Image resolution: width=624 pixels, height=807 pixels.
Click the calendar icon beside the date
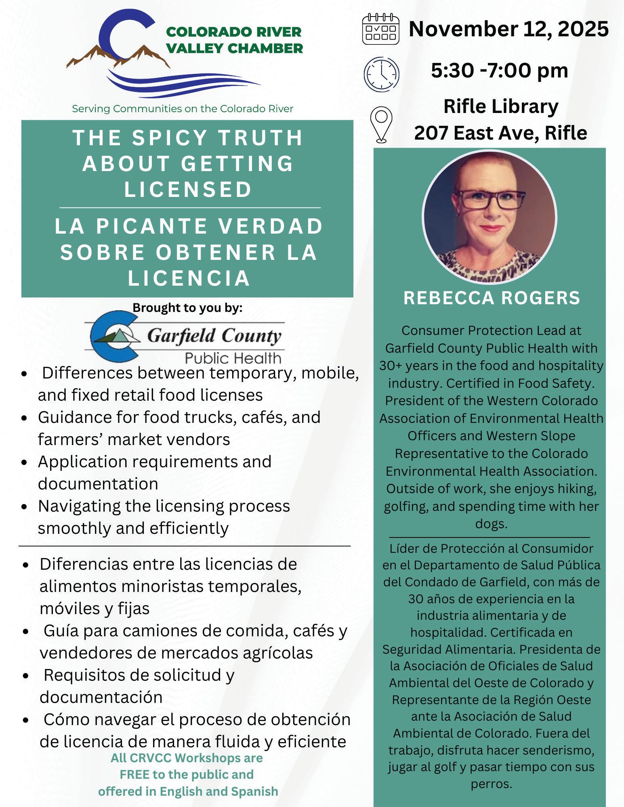click(x=380, y=29)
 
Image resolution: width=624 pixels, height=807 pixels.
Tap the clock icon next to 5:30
click(x=381, y=73)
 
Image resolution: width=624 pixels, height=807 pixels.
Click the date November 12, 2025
click(x=508, y=29)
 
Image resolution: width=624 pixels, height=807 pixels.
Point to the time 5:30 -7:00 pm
click(x=499, y=71)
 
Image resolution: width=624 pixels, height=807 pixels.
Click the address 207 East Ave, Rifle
click(x=500, y=133)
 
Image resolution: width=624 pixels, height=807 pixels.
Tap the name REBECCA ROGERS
click(x=492, y=298)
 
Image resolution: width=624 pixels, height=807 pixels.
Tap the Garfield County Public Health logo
click(x=185, y=337)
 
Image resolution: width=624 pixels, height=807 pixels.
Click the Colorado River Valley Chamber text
click(x=234, y=40)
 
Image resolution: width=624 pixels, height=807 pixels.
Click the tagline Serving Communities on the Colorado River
click(x=182, y=109)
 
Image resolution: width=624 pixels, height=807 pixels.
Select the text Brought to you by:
click(x=187, y=308)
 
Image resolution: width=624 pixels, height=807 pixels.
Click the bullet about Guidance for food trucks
click(x=179, y=428)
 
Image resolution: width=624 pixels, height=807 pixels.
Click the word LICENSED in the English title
click(x=188, y=190)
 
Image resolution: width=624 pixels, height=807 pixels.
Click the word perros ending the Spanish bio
click(x=491, y=784)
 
